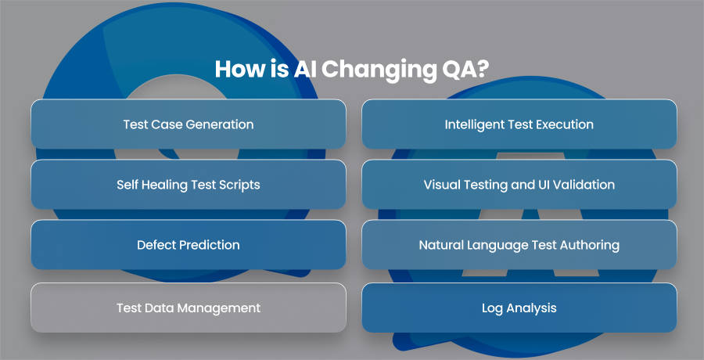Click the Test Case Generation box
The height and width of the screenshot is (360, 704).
(x=189, y=124)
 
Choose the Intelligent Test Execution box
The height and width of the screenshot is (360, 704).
(x=519, y=124)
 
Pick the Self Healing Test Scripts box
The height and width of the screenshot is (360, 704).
(x=189, y=184)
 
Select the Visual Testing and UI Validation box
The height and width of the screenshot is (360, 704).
(x=519, y=184)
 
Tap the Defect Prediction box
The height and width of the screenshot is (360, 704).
(x=189, y=244)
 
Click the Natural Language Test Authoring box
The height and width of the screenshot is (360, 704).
(x=519, y=244)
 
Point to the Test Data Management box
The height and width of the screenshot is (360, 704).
(x=189, y=308)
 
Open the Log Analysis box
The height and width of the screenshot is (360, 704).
(x=519, y=308)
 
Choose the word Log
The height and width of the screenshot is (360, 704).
(x=492, y=309)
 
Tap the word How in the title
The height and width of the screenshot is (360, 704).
(x=235, y=70)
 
